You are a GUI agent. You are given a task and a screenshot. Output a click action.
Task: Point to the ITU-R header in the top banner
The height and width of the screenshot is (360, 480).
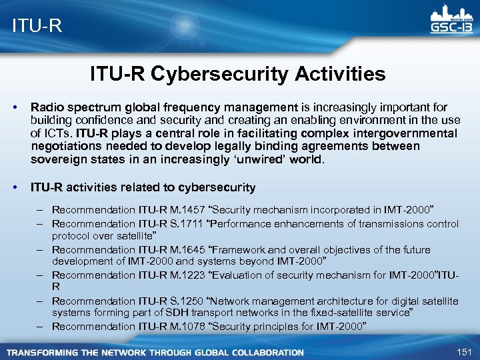(x=37, y=25)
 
